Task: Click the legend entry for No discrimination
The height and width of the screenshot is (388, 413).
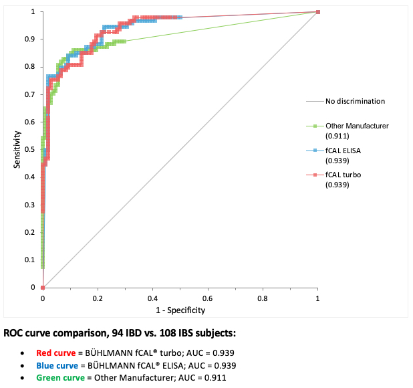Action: pyautogui.click(x=355, y=102)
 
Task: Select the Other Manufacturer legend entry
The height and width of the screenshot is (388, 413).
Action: pyautogui.click(x=356, y=126)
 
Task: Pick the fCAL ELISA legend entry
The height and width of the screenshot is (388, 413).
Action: pyautogui.click(x=343, y=151)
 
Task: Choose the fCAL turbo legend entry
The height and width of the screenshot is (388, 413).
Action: pyautogui.click(x=342, y=176)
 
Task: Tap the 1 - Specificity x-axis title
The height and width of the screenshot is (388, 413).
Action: pyautogui.click(x=180, y=310)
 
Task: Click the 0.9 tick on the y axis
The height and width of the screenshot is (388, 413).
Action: pyautogui.click(x=32, y=39)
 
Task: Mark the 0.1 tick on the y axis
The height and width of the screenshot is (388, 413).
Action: pyautogui.click(x=32, y=260)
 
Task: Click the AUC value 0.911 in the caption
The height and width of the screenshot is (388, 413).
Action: pyautogui.click(x=215, y=378)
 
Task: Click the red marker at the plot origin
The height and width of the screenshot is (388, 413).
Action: pyautogui.click(x=43, y=287)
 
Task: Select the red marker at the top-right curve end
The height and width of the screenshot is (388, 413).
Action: pyautogui.click(x=317, y=12)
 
